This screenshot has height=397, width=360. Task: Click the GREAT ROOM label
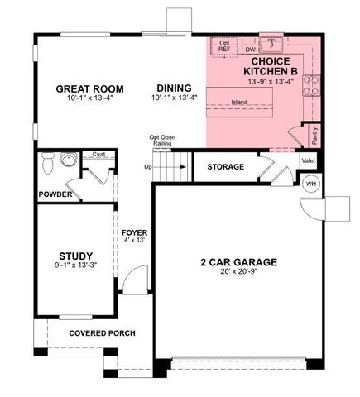point(89,88)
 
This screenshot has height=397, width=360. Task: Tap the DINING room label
point(171,88)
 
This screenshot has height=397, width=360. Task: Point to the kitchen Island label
point(239,103)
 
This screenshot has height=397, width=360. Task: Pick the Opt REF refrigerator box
point(223,47)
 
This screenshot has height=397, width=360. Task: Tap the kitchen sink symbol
point(271,43)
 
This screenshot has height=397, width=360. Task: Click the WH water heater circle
point(311,184)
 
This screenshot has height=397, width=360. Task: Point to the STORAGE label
point(225,167)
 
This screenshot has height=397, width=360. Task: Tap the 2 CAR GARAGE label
point(238,262)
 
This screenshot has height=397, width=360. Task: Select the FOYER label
point(134,232)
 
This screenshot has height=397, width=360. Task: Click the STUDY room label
point(75,256)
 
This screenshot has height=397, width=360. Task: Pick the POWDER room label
point(55,194)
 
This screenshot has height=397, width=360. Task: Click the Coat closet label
point(98,155)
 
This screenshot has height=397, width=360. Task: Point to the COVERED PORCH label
point(102,333)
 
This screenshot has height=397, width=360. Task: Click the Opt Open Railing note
point(161,141)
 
